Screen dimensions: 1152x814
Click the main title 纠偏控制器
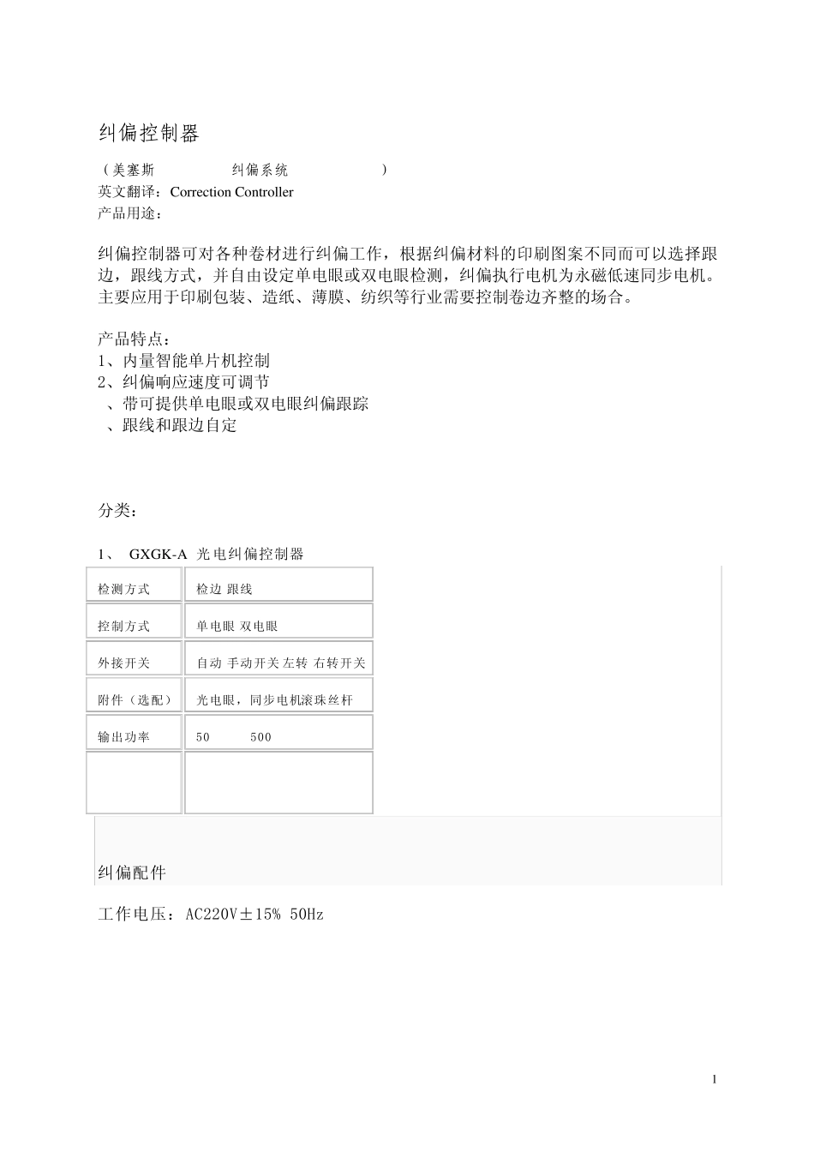click(149, 133)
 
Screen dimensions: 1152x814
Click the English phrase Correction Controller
click(231, 192)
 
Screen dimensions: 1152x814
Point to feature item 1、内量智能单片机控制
click(184, 361)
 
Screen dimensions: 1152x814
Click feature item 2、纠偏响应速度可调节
click(184, 382)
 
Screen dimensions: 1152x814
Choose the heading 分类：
click(117, 511)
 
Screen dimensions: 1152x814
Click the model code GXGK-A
click(158, 555)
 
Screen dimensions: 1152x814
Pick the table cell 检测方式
click(124, 590)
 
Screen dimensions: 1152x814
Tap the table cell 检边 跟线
click(224, 590)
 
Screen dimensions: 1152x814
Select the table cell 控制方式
click(124, 627)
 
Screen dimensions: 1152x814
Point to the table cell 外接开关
click(124, 663)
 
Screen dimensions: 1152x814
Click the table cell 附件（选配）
click(135, 700)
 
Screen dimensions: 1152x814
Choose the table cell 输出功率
click(124, 737)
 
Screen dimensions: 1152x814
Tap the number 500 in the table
click(260, 737)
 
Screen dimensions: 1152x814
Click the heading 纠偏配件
click(132, 873)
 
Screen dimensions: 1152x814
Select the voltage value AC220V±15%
click(234, 915)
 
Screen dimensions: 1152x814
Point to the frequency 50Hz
click(307, 915)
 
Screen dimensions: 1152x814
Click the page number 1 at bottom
click(715, 1079)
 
